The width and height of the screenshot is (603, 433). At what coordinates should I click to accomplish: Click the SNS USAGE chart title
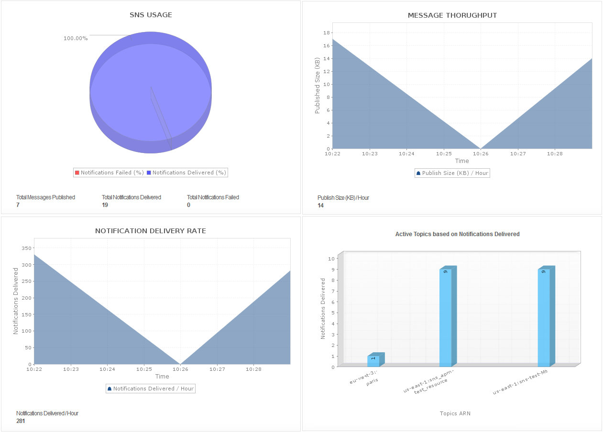point(151,15)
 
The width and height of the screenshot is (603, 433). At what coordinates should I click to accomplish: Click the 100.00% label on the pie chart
point(76,38)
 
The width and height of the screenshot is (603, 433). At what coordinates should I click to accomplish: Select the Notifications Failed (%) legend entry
point(109,173)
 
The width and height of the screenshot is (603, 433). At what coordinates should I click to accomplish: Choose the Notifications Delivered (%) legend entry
point(186,173)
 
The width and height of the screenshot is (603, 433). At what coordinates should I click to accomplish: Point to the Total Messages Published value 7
point(18,205)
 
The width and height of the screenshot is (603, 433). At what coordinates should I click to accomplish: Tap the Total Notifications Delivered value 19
point(105,205)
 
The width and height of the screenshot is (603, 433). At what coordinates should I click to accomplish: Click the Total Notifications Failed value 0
point(188,205)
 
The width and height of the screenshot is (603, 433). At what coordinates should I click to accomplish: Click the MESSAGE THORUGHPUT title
point(452,15)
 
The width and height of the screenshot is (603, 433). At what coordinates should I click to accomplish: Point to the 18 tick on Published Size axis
point(327,33)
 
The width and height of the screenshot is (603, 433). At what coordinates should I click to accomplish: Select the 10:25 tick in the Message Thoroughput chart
point(444,154)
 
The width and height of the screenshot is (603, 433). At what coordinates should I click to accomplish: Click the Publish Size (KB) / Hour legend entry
point(452,173)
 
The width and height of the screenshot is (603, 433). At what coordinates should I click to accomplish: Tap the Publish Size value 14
point(320,206)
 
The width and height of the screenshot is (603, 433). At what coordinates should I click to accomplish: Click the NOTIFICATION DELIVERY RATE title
point(151,231)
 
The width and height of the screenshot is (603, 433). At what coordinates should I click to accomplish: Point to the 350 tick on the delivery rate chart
point(26,249)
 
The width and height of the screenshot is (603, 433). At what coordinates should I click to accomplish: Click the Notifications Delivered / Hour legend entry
point(151,389)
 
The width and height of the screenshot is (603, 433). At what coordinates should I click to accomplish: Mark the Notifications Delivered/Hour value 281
point(21,421)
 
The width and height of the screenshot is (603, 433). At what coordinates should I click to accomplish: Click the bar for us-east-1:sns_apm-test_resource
point(446,318)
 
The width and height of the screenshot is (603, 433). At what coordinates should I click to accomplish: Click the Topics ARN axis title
point(455,413)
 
